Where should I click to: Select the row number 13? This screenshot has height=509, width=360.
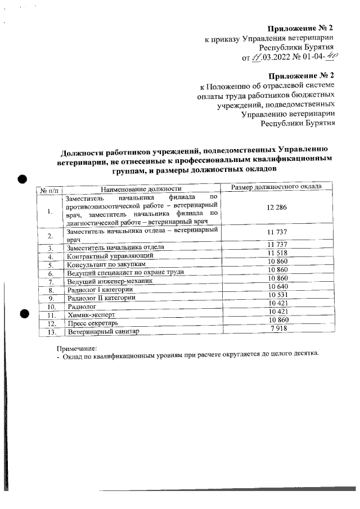[51, 332]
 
